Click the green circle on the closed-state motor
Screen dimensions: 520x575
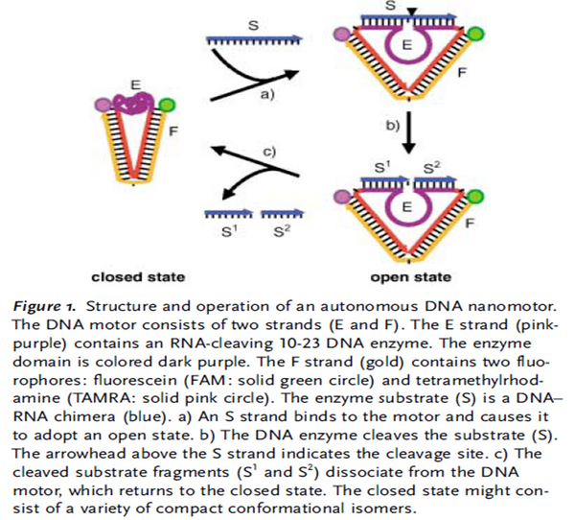pos(168,104)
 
